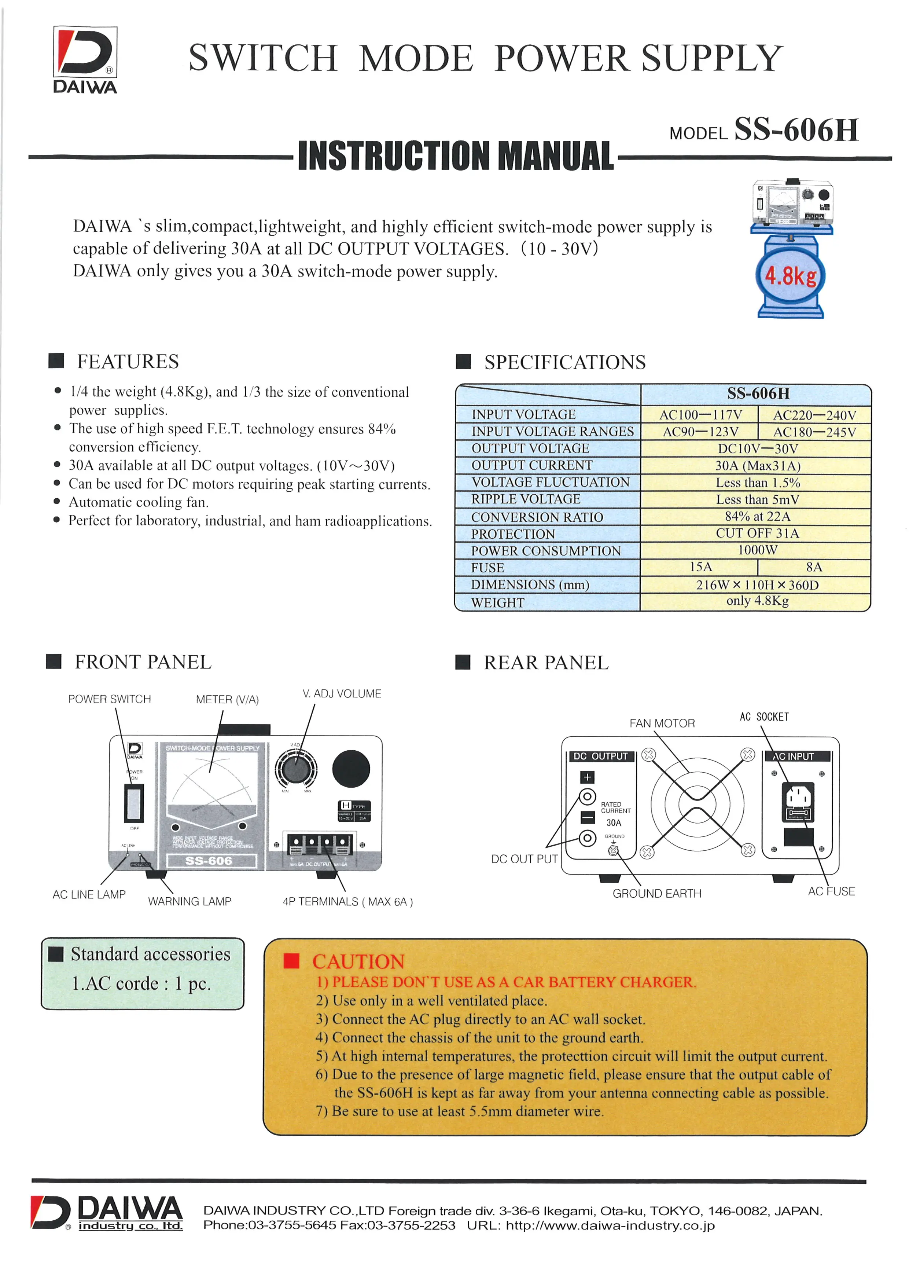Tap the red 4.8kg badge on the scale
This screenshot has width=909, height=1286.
(790, 276)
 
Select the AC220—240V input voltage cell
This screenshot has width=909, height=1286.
(814, 415)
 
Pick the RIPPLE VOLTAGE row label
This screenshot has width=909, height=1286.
(526, 499)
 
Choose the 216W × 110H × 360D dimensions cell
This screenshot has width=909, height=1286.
(757, 585)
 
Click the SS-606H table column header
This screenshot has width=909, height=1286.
(758, 394)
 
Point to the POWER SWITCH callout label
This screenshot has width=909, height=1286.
(110, 699)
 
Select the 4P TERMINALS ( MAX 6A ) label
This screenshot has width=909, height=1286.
(347, 902)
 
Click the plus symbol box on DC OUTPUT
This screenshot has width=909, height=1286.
(587, 777)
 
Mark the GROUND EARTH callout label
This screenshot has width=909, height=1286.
(656, 893)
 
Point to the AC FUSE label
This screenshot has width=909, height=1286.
(831, 891)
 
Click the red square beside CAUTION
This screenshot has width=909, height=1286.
(292, 961)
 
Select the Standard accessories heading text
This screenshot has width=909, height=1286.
(150, 954)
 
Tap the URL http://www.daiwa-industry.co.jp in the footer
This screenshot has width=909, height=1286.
(610, 1225)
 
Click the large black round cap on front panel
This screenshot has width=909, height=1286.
(351, 769)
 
